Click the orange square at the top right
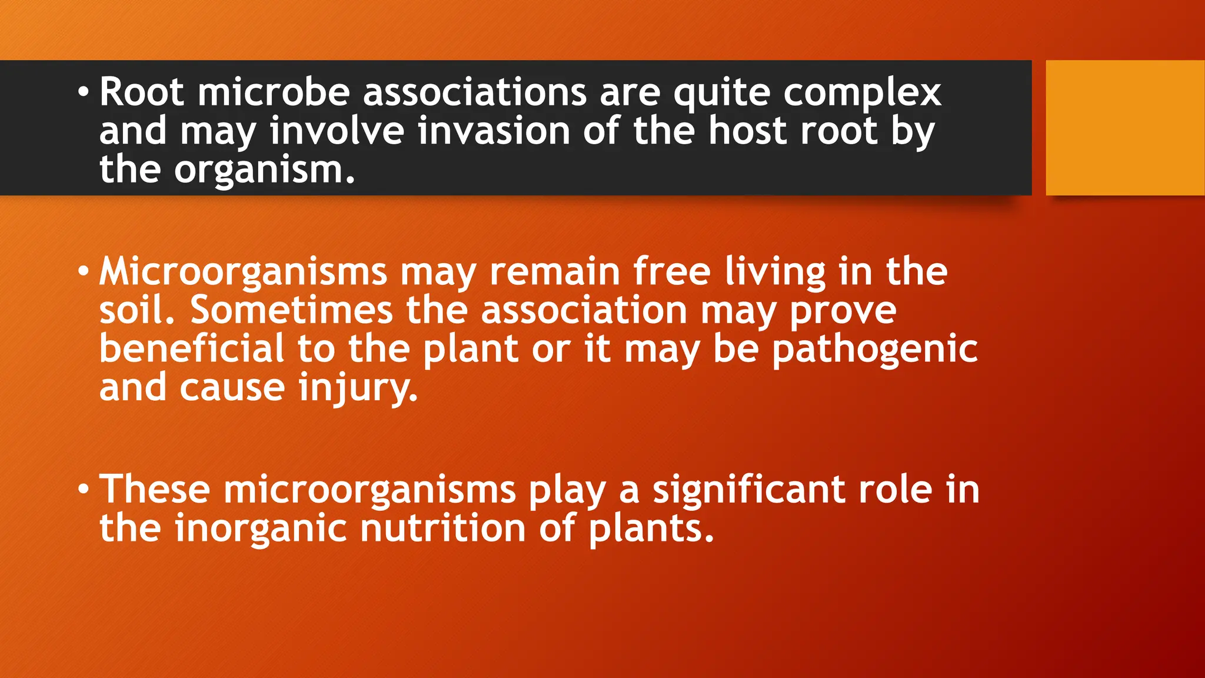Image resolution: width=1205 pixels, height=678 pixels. (x=1125, y=127)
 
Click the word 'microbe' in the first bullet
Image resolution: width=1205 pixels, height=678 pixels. (x=274, y=92)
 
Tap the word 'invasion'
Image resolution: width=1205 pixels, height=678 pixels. (x=494, y=131)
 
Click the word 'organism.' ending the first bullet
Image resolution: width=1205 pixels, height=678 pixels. (x=265, y=171)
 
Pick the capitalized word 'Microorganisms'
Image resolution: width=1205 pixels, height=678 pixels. (x=243, y=272)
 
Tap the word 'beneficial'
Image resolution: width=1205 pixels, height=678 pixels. (x=192, y=348)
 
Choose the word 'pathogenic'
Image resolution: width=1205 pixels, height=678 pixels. (x=874, y=350)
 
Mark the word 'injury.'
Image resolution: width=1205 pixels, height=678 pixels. (x=358, y=388)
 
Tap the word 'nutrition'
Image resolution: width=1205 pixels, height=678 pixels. (x=442, y=528)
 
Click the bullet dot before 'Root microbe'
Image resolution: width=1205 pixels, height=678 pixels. (x=84, y=93)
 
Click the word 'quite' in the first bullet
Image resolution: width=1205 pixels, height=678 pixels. (x=721, y=94)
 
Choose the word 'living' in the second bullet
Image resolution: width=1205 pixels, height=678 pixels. (x=775, y=272)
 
